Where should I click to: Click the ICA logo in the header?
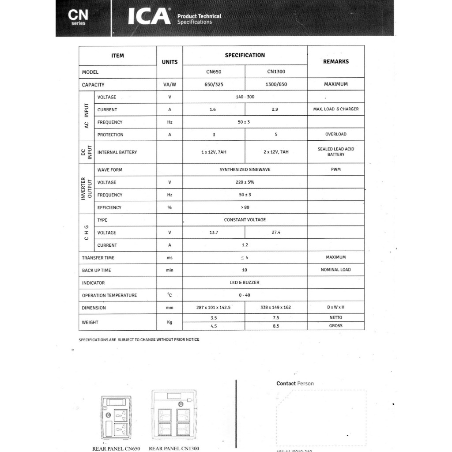(x=149, y=16)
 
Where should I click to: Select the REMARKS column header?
(x=335, y=61)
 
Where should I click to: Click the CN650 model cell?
(x=214, y=72)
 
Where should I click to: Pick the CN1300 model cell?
(x=276, y=72)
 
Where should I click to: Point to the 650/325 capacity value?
(x=214, y=84)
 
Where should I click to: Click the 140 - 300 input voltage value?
(x=245, y=97)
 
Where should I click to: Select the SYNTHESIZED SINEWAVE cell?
(x=245, y=169)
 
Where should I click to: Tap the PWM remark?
(x=335, y=169)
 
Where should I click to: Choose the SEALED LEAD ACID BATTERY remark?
(x=335, y=152)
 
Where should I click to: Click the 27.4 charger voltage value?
(x=276, y=233)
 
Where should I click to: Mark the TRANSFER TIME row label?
(x=98, y=258)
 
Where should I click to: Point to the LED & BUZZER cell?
(x=245, y=282)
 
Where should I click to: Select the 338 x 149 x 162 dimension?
(x=276, y=308)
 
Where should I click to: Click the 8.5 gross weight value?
(x=276, y=326)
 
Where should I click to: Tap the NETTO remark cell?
(x=335, y=317)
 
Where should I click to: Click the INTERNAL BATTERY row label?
(x=117, y=152)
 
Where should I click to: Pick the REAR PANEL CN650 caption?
(x=116, y=448)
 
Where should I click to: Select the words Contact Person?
(x=295, y=384)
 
